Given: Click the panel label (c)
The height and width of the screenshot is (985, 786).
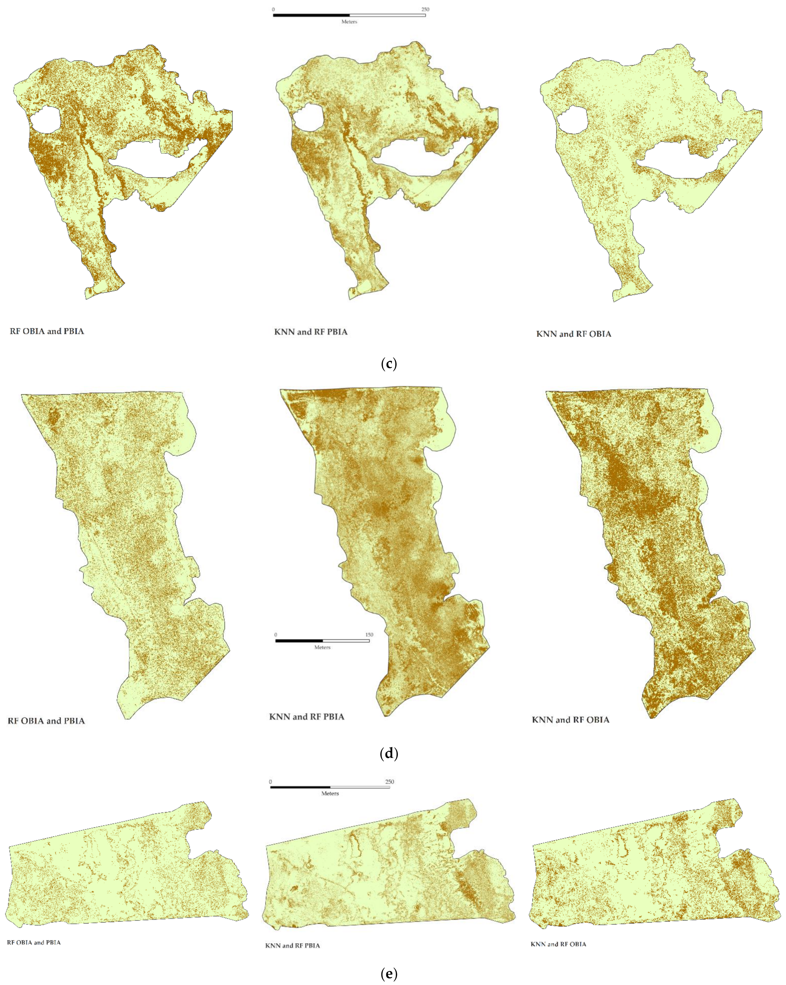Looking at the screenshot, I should coord(388,364).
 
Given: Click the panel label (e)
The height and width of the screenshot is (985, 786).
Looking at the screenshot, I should coord(388,974).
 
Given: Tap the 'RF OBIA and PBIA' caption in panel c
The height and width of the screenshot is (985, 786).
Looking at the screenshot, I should coord(47,331).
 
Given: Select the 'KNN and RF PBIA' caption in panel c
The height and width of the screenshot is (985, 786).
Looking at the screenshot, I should coord(311,332).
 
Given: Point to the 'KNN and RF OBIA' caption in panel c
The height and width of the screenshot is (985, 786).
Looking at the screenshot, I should coord(574,334).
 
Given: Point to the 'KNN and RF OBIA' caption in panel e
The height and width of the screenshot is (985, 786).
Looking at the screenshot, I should coord(558,944).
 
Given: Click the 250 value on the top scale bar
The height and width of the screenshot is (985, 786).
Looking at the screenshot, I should coord(425,9).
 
